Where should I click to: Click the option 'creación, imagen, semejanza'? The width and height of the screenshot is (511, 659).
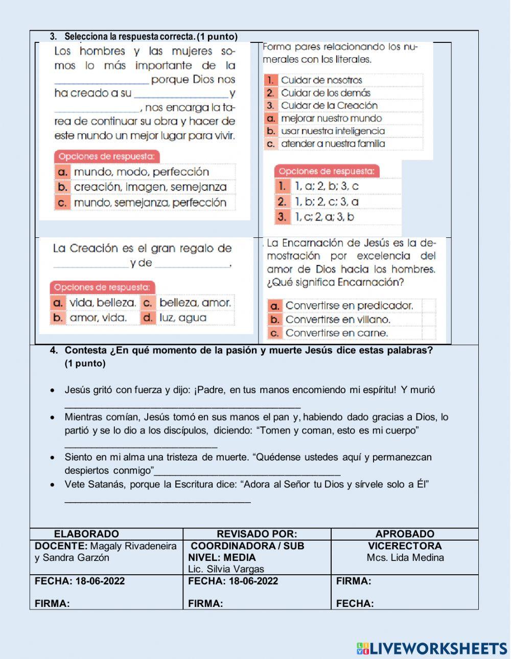[150, 187]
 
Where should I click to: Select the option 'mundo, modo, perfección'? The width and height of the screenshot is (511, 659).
[141, 172]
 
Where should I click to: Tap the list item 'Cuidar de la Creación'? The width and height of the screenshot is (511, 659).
[329, 106]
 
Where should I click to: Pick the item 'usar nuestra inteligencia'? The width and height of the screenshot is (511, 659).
[333, 131]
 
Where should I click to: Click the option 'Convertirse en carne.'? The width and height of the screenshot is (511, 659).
[337, 333]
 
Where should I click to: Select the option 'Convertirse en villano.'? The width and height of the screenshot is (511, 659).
[338, 320]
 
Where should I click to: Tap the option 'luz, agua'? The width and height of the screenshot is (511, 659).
[183, 318]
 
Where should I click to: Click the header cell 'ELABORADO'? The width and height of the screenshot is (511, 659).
[86, 534]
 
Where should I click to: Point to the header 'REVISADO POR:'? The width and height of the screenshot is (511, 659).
[257, 534]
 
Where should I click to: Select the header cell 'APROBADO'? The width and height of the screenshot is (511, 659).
[405, 534]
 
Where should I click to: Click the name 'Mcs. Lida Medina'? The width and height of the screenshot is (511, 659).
[405, 557]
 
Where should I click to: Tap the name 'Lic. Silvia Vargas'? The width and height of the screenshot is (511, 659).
[226, 569]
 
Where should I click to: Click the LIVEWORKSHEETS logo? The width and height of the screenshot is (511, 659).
[432, 648]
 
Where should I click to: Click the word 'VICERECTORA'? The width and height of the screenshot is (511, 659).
[405, 546]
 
